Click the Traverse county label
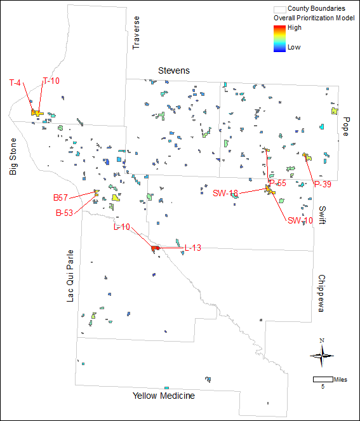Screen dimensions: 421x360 pyautogui.click(x=135, y=34)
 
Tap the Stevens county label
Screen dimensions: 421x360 pyautogui.click(x=174, y=70)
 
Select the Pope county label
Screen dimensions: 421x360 pyautogui.click(x=346, y=126)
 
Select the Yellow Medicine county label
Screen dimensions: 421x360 pyautogui.click(x=163, y=396)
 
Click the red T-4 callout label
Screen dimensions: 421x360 pyautogui.click(x=16, y=83)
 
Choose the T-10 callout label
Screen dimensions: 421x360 pyautogui.click(x=51, y=81)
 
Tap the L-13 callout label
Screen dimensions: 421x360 pyautogui.click(x=193, y=248)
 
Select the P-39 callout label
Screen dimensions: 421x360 pyautogui.click(x=324, y=184)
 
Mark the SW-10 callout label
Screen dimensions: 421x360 pyautogui.click(x=300, y=220)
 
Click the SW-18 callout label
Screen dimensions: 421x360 pyautogui.click(x=225, y=193)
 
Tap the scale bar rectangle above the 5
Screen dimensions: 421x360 pyautogui.click(x=323, y=379)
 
